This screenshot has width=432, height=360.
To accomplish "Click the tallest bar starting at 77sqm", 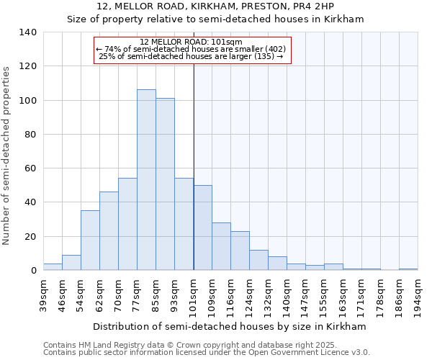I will pyautogui.click(x=146, y=180).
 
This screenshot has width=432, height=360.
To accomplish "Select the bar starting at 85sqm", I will pyautogui.click(x=165, y=184).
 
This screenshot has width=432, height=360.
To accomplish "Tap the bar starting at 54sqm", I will pyautogui.click(x=90, y=240).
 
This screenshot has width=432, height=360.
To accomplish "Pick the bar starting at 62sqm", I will pyautogui.click(x=109, y=231).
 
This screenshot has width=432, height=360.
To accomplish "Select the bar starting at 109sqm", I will pyautogui.click(x=221, y=246).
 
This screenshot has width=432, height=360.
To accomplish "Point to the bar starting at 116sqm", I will pyautogui.click(x=240, y=251).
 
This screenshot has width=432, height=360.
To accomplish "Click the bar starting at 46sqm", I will pyautogui.click(x=71, y=263).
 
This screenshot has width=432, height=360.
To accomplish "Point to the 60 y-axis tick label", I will pyautogui.click(x=30, y=168).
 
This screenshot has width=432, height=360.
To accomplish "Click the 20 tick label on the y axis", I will pyautogui.click(x=30, y=236).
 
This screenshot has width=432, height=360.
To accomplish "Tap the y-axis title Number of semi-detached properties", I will pyautogui.click(x=7, y=155).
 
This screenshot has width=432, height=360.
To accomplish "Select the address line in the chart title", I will pyautogui.click(x=215, y=6).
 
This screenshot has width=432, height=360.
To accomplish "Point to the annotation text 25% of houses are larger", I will pyautogui.click(x=191, y=56).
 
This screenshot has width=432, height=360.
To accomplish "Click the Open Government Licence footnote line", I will pyautogui.click(x=207, y=353).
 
